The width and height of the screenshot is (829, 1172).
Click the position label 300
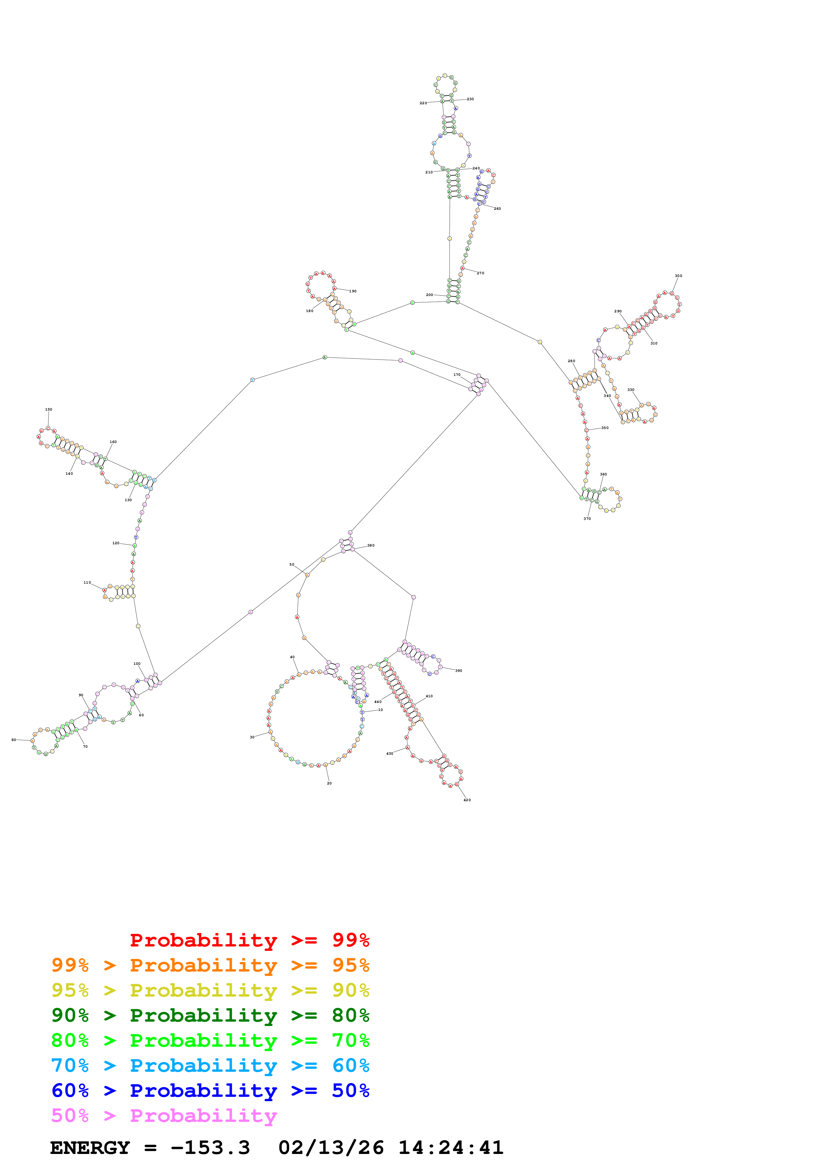[x=678, y=276]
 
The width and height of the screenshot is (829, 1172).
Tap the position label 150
[x=48, y=409]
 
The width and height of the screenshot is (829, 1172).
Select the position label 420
[x=467, y=800]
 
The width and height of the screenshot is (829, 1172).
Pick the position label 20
[x=329, y=783]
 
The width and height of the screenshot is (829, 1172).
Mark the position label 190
[x=352, y=291]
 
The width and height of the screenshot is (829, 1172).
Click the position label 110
[x=87, y=582]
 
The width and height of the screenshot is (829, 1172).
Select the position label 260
[x=497, y=209]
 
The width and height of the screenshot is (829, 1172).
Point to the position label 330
[x=630, y=390]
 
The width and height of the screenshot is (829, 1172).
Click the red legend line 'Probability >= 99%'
[x=249, y=940]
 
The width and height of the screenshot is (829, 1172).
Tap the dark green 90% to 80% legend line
[x=210, y=1015]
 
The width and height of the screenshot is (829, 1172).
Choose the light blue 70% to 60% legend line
[x=210, y=1065]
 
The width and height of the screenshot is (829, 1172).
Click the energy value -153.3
[x=210, y=1148]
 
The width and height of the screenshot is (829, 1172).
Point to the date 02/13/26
[x=330, y=1148]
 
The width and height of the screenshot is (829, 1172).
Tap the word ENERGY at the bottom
[x=90, y=1148]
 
